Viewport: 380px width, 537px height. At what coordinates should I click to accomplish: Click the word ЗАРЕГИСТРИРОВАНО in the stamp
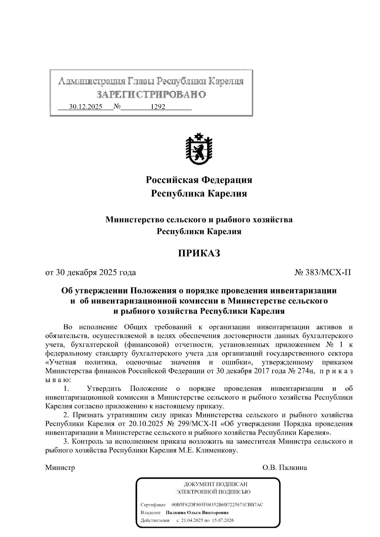click(151, 95)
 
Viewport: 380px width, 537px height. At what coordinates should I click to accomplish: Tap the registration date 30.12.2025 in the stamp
click(85, 107)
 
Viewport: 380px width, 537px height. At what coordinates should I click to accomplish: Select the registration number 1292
click(158, 107)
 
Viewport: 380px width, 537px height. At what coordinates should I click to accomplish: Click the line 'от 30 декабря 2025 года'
click(91, 272)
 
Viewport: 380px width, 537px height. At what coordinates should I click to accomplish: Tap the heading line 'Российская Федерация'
click(199, 180)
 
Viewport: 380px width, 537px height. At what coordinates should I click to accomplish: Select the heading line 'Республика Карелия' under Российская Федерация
click(199, 193)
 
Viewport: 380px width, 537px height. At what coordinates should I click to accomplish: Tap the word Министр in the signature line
click(60, 468)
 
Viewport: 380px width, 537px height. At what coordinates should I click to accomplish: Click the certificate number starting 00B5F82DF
click(217, 505)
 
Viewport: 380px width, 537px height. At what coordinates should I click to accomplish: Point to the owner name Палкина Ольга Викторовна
click(197, 513)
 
